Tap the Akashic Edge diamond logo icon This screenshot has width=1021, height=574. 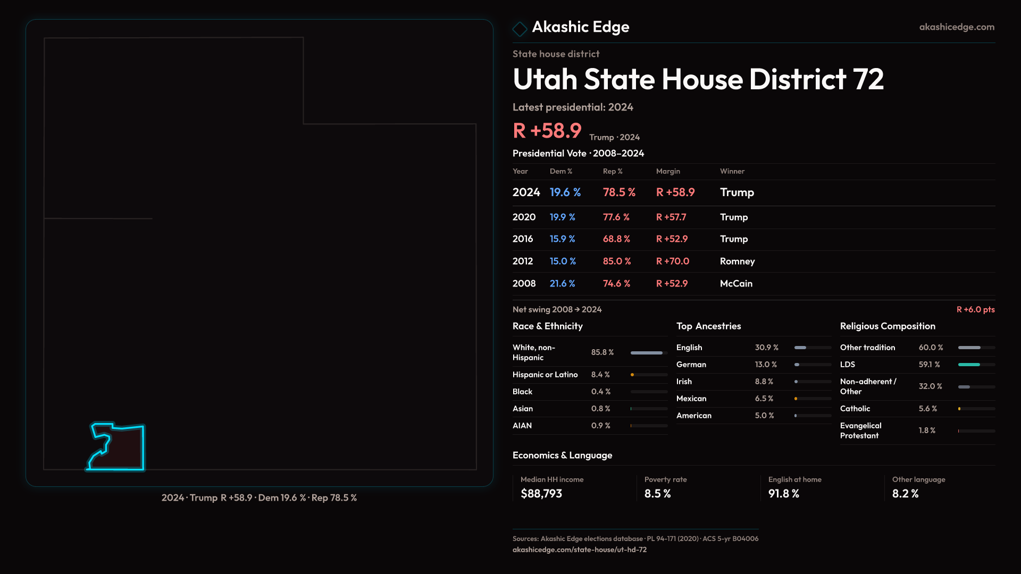tap(520, 29)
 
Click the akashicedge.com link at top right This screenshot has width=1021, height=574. tap(956, 27)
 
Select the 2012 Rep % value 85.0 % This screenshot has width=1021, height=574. tap(616, 261)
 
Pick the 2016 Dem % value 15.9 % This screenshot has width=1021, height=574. tap(562, 239)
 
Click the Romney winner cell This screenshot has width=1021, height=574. tap(737, 261)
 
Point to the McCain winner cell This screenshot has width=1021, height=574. tap(736, 283)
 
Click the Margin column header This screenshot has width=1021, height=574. tap(668, 171)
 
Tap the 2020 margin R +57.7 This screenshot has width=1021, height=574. tap(671, 217)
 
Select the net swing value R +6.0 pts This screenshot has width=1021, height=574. tap(975, 309)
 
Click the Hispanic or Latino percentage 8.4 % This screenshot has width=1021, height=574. tap(600, 375)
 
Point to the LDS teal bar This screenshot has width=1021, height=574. tap(969, 365)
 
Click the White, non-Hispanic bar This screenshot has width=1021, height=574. tap(647, 353)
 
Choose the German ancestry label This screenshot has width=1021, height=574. tap(691, 365)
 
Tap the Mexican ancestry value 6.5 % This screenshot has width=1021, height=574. tap(764, 399)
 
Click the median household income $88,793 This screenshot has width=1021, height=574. tap(541, 493)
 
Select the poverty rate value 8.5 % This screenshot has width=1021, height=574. tap(657, 493)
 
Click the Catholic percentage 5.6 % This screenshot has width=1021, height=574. tap(928, 409)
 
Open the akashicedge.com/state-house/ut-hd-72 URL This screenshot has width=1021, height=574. tap(580, 550)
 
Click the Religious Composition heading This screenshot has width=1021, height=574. tap(888, 326)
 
